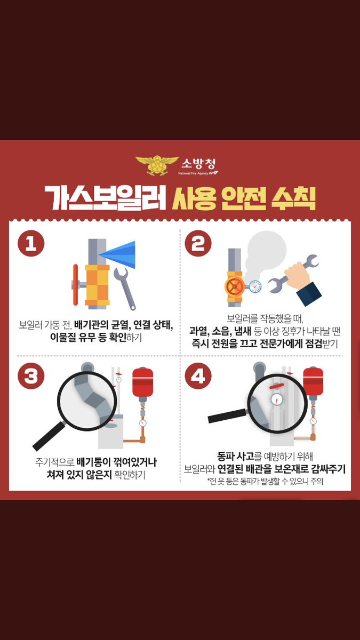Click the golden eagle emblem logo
[157, 165]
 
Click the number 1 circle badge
[31, 245]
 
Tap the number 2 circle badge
[198, 245]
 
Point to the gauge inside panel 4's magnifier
[276, 399]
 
